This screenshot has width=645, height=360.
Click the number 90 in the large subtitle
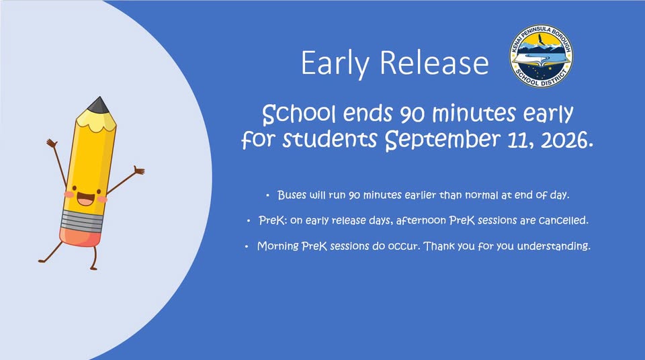point(412,115)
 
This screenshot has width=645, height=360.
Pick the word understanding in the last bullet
point(553,246)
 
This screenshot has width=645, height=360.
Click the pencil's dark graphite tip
point(99,105)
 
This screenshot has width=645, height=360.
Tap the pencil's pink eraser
point(81,237)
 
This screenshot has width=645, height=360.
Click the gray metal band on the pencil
point(82,221)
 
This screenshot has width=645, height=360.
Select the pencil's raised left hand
point(52,144)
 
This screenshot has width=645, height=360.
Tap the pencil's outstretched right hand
point(138,170)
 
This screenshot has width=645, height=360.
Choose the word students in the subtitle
point(329,140)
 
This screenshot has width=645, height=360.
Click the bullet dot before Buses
point(268,195)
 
